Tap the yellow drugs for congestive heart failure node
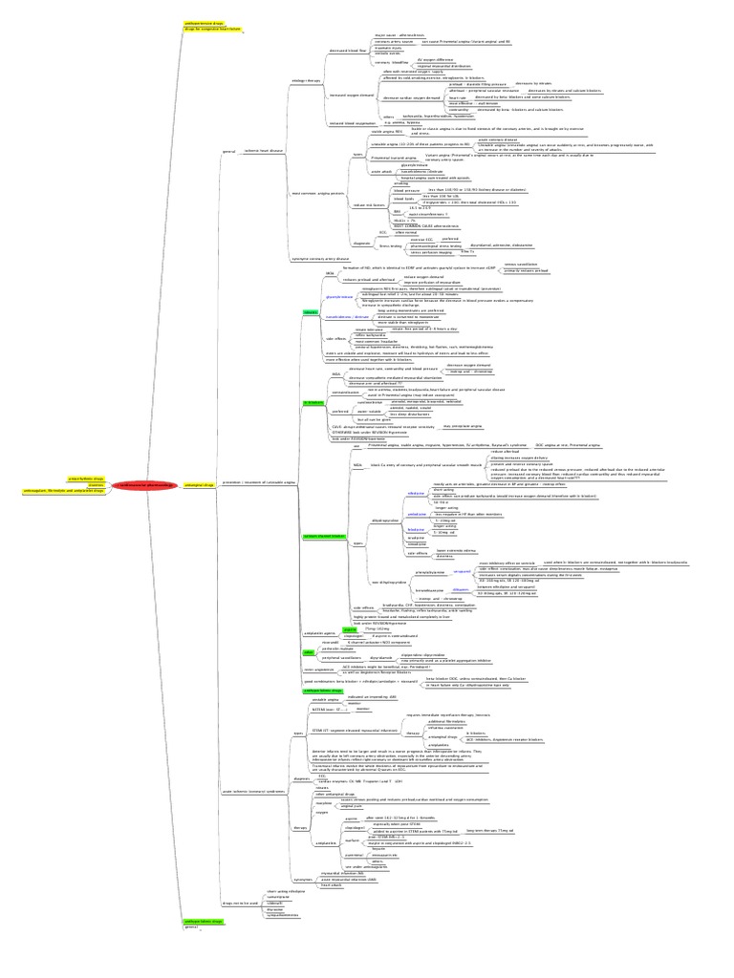coord(213,30)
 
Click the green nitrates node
coord(311,311)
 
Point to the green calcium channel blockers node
coord(323,537)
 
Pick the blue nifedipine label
coord(416,493)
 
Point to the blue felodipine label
coord(416,528)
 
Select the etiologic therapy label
coord(303,81)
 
